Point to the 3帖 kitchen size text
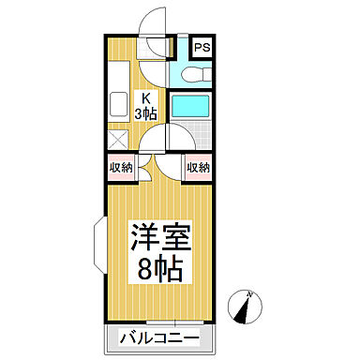click(x=147, y=113)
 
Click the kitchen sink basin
click(x=119, y=104)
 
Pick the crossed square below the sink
click(x=118, y=140)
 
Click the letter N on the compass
click(x=249, y=296)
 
